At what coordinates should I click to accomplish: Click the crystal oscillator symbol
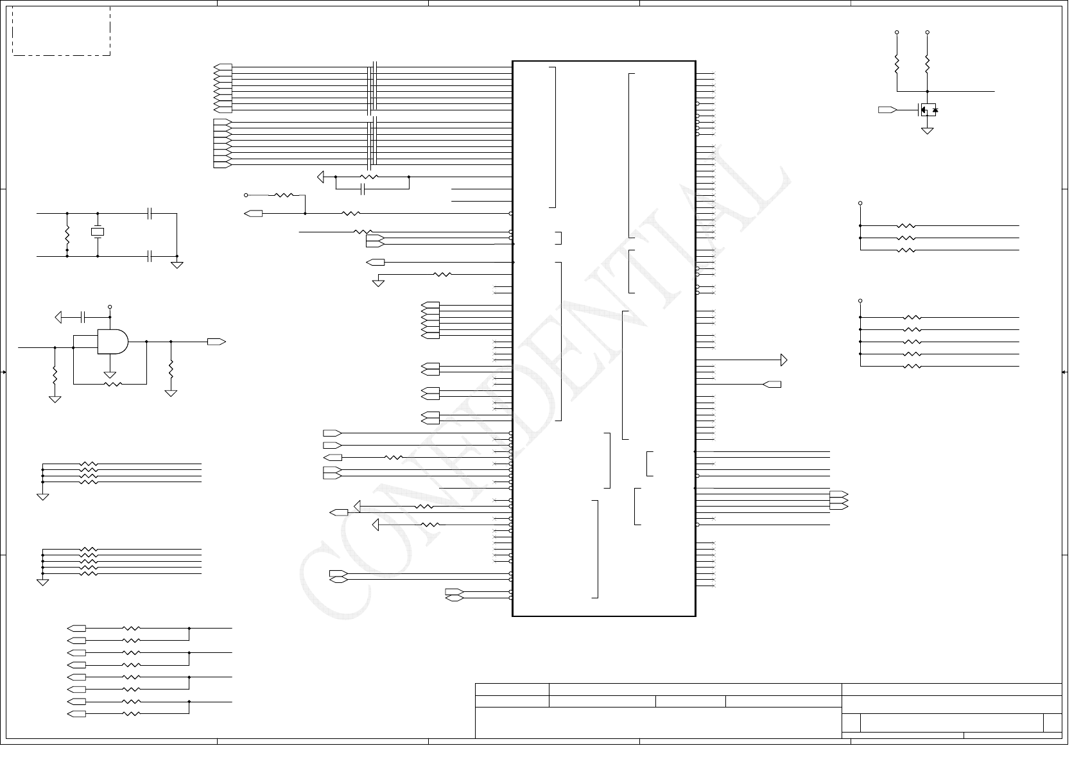98,232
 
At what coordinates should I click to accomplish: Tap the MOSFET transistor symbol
927,110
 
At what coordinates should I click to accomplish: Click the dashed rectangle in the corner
62,31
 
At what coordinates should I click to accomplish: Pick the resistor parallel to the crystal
67,235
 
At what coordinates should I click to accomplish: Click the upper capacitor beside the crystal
150,213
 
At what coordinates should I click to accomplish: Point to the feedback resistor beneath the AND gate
112,384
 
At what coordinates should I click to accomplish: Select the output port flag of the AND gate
216,342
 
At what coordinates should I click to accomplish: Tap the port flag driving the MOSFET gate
887,110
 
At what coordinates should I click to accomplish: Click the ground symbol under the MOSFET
927,131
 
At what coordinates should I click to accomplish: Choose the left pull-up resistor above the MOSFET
897,64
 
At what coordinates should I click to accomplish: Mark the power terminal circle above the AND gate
110,307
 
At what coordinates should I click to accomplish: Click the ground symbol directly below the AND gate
110,374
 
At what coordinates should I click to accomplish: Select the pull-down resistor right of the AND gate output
171,369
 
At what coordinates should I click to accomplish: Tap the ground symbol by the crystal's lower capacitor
177,264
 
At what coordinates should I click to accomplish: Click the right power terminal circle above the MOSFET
928,32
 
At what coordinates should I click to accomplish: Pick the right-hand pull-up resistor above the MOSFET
928,64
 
